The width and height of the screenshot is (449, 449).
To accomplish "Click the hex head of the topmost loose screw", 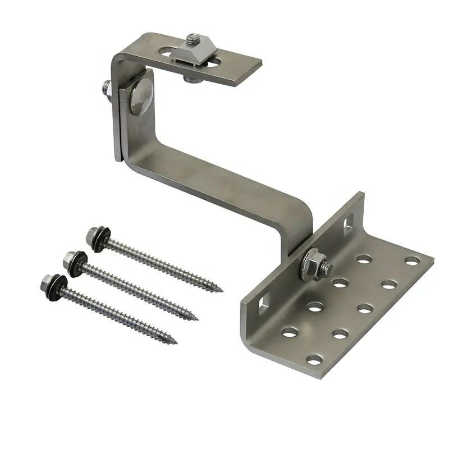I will pos(93,234).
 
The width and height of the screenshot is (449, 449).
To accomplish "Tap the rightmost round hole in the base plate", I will pos(413,261).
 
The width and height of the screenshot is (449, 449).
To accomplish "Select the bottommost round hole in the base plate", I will pos(315,359).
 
